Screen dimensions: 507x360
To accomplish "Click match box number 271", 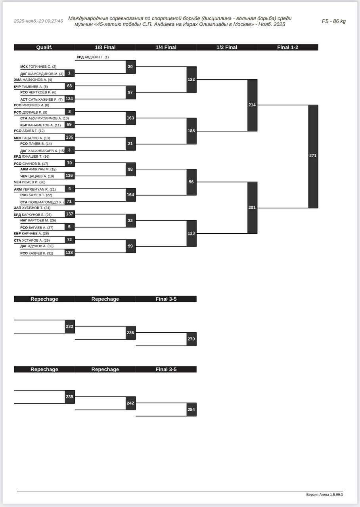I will coord(313,156).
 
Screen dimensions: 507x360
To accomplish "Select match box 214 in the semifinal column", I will coord(252,105).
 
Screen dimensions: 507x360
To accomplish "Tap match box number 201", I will coord(252,208).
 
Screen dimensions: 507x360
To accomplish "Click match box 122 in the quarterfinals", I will coord(191,80).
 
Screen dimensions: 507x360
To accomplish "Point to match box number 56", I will coord(191,182).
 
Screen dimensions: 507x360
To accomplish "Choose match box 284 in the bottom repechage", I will coord(191,410).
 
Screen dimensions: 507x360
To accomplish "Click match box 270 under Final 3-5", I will coord(191,339).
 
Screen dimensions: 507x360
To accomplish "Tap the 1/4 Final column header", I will coord(166,48).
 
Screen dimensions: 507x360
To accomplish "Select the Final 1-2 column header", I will coord(287,48).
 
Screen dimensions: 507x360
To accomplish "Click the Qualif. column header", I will coord(44,48).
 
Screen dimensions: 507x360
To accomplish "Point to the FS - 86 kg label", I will coord(333,21).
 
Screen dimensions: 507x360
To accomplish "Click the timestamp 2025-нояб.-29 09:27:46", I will coord(38,21).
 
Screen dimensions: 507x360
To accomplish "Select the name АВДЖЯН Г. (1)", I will coord(96,57).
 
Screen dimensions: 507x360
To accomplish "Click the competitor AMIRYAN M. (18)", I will coord(42,170).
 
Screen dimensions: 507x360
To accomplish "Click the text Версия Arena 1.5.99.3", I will coord(324,495).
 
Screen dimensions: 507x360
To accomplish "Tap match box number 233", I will coord(69,326).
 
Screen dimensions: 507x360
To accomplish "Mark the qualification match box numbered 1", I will coord(69,73).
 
